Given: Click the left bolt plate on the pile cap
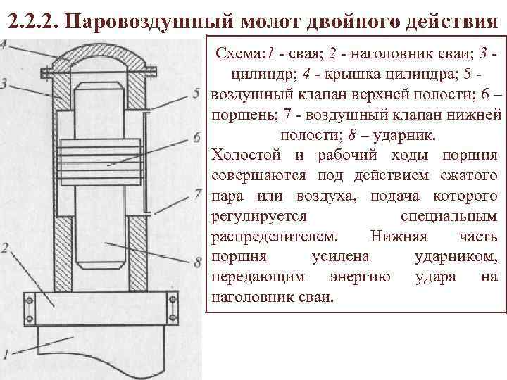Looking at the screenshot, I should coord(30,308).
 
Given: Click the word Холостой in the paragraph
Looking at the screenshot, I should coord(241,155).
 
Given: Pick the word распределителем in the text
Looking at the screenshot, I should coord(275,236).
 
